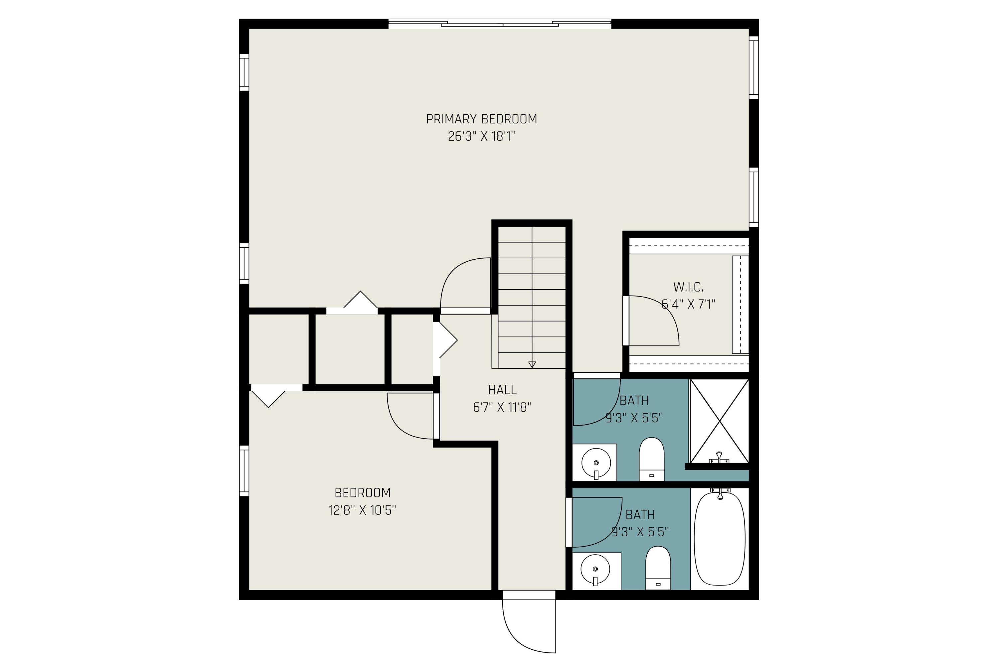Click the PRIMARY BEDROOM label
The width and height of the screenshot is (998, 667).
click(x=481, y=119)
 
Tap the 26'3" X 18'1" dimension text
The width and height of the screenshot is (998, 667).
click(x=481, y=137)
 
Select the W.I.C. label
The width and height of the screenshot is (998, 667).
click(x=688, y=287)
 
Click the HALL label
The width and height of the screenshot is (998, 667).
click(x=502, y=390)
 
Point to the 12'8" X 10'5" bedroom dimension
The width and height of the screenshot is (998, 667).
click(x=362, y=510)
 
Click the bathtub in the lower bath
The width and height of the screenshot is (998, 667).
click(x=720, y=539)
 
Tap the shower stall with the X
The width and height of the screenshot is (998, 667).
click(x=719, y=421)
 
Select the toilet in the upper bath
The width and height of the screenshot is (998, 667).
click(x=652, y=459)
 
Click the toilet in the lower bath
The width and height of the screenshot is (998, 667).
click(x=658, y=568)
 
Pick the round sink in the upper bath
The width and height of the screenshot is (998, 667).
click(x=596, y=463)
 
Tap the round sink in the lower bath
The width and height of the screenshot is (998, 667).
click(x=595, y=570)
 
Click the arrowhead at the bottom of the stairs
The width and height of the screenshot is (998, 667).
click(x=532, y=364)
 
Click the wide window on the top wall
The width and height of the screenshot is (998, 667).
click(x=500, y=24)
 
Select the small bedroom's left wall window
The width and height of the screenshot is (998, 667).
click(x=244, y=470)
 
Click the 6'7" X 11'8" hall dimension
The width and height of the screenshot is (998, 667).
click(x=502, y=408)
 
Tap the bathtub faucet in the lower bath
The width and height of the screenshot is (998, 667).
click(x=720, y=493)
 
